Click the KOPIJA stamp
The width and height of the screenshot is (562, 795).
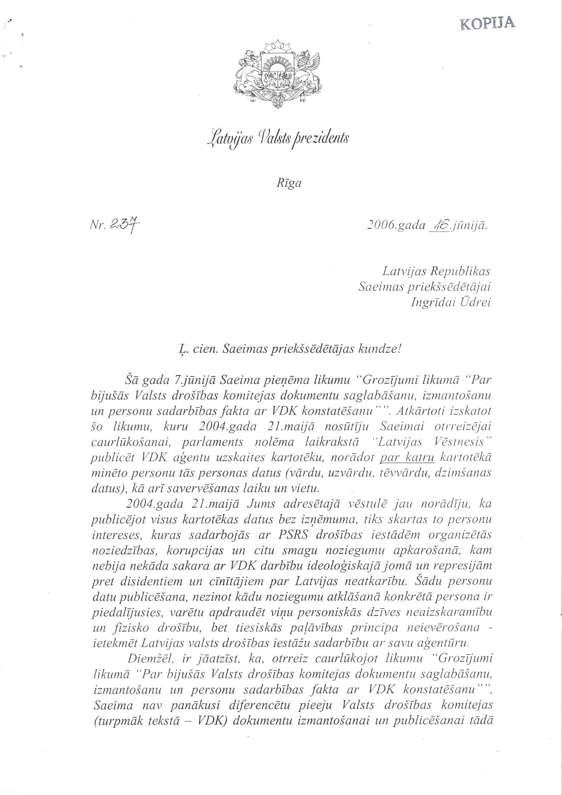[x=487, y=23]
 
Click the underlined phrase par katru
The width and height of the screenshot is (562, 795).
[x=407, y=458]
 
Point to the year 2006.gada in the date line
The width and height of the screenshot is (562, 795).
[x=395, y=225]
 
